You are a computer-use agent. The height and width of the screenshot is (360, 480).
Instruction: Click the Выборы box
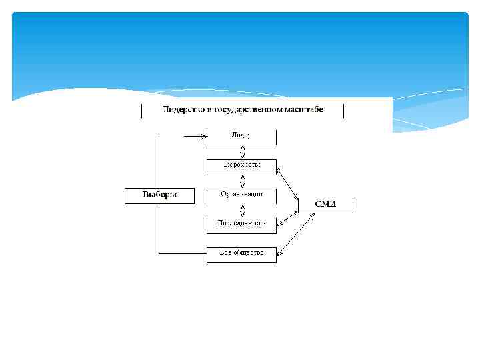(x=160, y=195)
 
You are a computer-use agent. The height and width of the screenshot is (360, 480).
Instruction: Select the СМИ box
(x=325, y=203)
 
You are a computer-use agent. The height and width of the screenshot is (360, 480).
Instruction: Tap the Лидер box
(x=241, y=136)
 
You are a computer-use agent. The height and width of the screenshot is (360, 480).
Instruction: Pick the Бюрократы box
(x=241, y=165)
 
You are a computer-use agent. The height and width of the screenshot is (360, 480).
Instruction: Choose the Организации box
(x=241, y=195)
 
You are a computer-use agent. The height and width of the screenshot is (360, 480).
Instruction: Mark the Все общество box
(x=241, y=253)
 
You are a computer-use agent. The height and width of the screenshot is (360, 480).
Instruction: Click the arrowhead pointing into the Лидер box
(x=203, y=136)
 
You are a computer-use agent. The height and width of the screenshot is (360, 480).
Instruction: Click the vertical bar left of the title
(x=141, y=111)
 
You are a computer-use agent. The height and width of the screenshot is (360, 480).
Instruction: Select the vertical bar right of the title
(x=343, y=111)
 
